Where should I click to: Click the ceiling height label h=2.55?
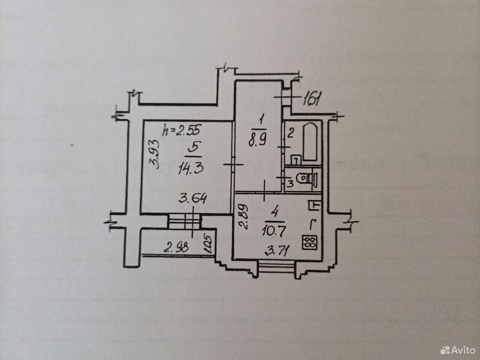[181, 130]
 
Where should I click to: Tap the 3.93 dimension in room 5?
[154, 154]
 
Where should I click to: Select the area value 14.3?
[191, 169]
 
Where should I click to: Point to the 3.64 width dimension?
[192, 199]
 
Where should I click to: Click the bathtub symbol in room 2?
[310, 142]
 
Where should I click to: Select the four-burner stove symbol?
[309, 242]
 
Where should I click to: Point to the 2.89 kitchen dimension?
[243, 216]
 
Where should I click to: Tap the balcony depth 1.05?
[208, 244]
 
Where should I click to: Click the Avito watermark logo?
[458, 351]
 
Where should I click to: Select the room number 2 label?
[290, 133]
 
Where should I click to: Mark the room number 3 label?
[290, 184]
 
